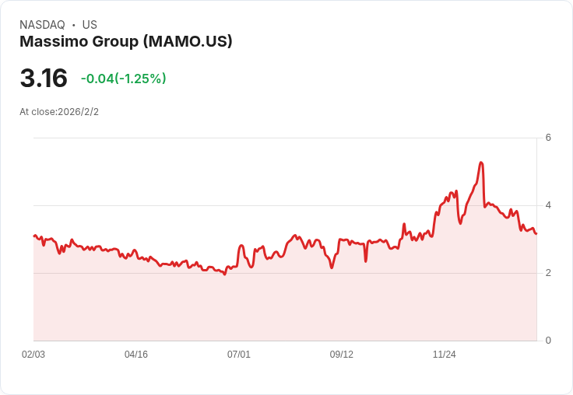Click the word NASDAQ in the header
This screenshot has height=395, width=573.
[42, 25]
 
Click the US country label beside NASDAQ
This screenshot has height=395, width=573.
[90, 25]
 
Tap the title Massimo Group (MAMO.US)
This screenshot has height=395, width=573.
[126, 42]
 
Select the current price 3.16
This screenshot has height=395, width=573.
[44, 79]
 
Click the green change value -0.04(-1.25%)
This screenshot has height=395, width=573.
[124, 79]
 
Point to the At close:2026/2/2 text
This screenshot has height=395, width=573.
[59, 112]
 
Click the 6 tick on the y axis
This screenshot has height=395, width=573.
[548, 138]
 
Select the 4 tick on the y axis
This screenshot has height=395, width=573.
[548, 205]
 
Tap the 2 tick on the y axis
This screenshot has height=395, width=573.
[548, 273]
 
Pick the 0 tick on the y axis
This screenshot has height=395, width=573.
[548, 341]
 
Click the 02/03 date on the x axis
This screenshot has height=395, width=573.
[33, 355]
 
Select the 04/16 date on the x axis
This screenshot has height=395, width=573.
[136, 355]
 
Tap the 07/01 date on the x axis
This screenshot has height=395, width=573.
[239, 355]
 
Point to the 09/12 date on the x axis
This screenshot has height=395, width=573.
[342, 355]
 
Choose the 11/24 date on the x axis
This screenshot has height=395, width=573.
[445, 355]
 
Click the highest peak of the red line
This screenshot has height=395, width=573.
[481, 163]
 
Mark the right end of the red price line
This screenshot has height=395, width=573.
[536, 233]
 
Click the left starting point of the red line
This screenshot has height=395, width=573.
[34, 236]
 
